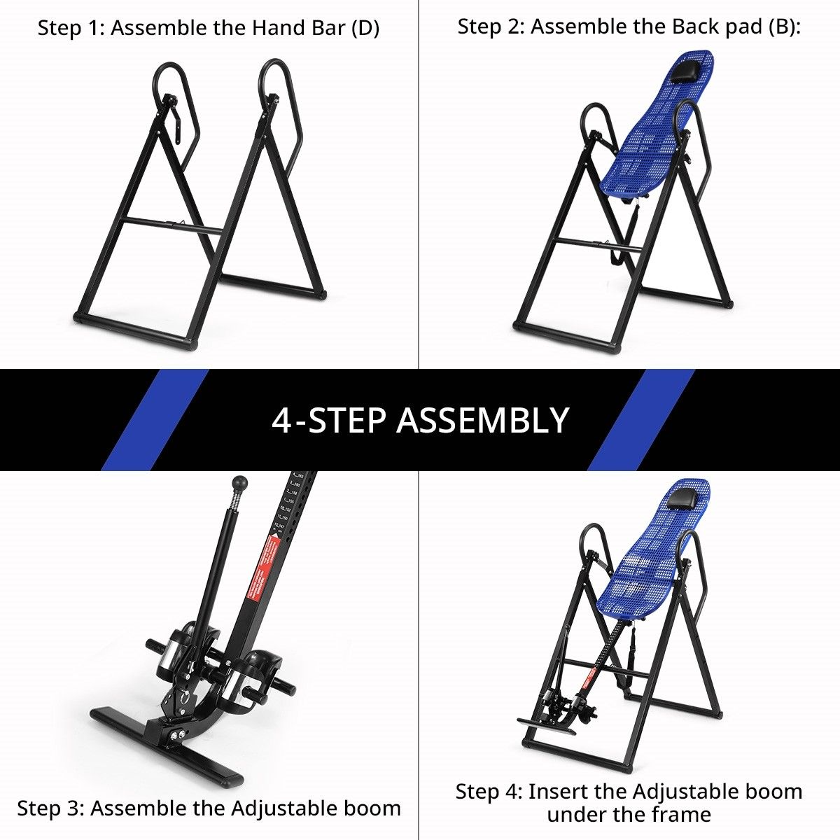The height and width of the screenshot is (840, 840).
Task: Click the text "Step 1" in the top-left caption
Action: coord(69,29)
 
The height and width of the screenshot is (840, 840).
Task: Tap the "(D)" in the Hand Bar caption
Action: coord(365,29)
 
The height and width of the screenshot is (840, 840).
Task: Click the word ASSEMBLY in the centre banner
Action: coord(483,421)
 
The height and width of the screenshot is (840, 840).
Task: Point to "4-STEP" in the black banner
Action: coord(329,421)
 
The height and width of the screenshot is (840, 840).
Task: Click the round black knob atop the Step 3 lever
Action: coord(240,483)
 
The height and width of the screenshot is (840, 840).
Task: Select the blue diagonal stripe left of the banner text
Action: coord(155,420)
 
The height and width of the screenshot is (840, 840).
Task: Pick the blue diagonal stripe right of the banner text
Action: coord(640,420)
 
